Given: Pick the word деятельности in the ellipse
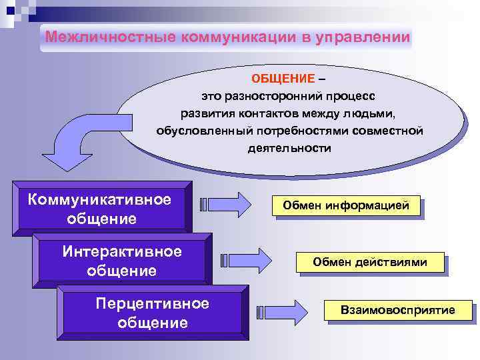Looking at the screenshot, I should click(x=289, y=148).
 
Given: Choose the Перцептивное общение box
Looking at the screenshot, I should click(x=152, y=313).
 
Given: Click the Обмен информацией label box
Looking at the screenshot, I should click(x=347, y=207).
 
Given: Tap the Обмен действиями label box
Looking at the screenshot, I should click(x=370, y=262).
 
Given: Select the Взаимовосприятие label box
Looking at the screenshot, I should click(x=398, y=310).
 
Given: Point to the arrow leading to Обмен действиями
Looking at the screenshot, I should click(x=246, y=259).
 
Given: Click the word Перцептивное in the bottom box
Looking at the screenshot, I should click(x=152, y=304).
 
